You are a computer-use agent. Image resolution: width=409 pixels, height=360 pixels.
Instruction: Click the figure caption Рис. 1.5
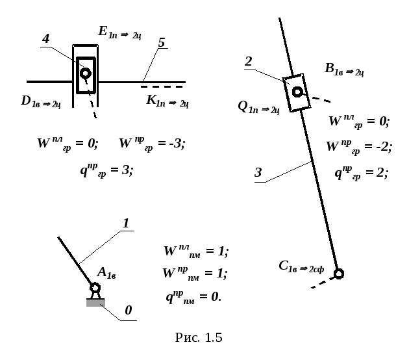199,337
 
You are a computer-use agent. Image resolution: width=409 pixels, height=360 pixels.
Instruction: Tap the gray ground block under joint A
95,303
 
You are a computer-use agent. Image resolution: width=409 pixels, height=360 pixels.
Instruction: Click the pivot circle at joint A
95,288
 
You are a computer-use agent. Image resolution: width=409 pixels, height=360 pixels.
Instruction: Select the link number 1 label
126,223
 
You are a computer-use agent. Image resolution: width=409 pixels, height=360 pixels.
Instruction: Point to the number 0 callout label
129,311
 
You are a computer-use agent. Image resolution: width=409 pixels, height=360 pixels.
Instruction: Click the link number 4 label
46,39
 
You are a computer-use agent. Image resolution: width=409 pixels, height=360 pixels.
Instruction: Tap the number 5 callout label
162,42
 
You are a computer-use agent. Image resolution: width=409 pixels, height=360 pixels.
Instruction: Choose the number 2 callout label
249,62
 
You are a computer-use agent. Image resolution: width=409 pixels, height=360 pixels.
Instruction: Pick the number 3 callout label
258,173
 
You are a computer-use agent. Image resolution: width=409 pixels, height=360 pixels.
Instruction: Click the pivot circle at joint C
339,274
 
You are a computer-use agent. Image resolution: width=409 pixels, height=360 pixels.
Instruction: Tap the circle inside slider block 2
297,92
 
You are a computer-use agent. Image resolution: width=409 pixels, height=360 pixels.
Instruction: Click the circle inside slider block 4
86,73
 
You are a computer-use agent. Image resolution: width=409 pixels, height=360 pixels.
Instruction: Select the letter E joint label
103,31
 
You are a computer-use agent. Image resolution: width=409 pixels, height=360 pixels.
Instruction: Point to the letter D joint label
26,101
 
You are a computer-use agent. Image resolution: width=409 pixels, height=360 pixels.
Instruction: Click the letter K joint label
151,99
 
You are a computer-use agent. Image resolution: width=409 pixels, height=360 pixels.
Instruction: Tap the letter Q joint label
243,107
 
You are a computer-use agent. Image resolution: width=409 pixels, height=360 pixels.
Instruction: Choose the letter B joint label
329,68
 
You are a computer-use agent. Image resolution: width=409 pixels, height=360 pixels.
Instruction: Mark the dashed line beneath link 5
162,86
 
